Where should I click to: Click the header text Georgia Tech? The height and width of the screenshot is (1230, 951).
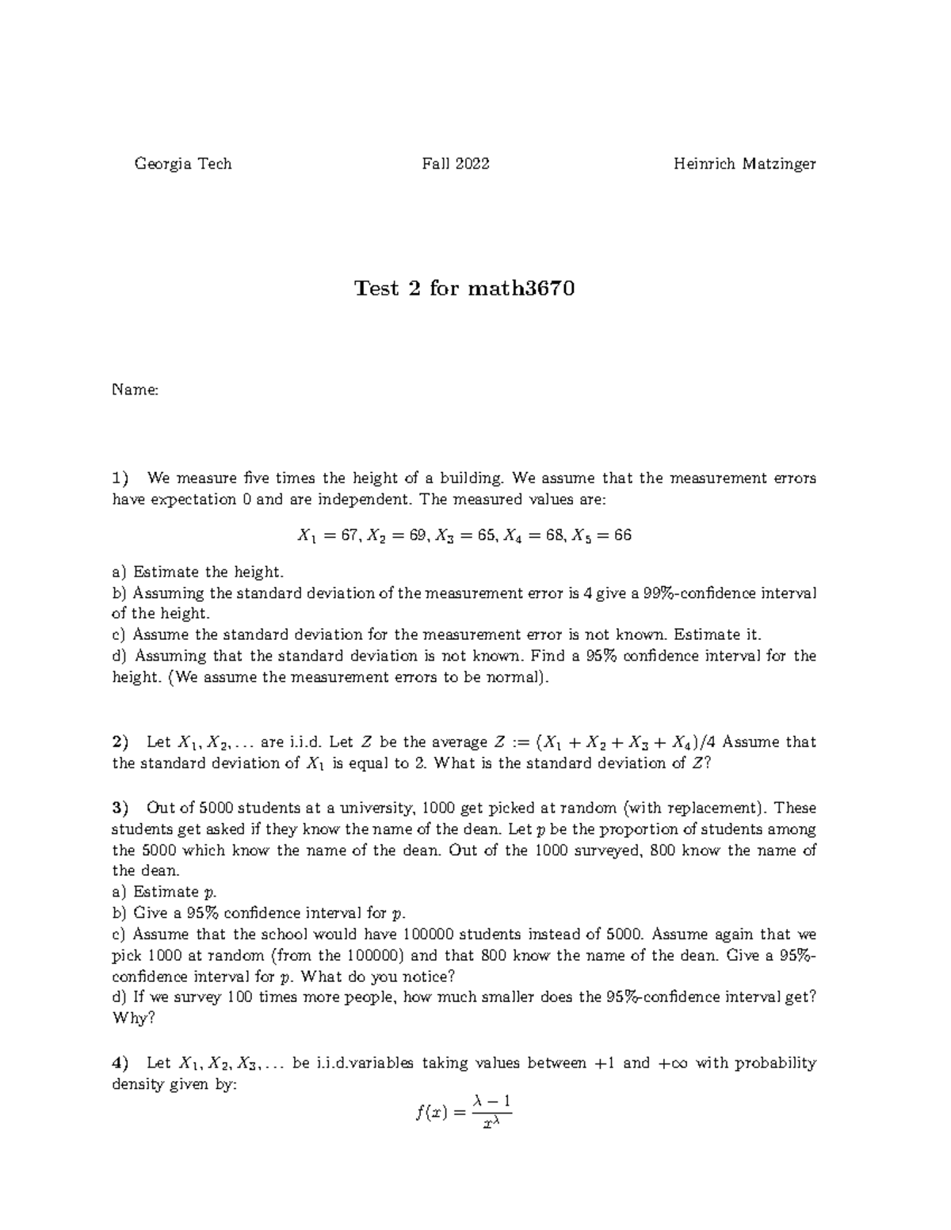[x=183, y=164]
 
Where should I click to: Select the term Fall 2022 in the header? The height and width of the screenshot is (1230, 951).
[x=456, y=164]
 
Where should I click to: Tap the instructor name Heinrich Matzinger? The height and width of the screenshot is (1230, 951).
[x=744, y=164]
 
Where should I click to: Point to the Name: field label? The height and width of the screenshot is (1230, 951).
[x=136, y=390]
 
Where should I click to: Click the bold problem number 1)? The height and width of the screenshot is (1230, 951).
[x=120, y=478]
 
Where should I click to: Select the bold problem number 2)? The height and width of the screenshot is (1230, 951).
[x=120, y=742]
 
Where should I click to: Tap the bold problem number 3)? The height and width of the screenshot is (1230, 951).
[x=120, y=808]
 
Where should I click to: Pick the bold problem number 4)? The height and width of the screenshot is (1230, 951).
[x=120, y=1063]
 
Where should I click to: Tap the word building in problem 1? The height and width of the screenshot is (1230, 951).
[x=472, y=478]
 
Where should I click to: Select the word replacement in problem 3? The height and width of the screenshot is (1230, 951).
[x=711, y=808]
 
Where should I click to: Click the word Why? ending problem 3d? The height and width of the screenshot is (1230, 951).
[x=134, y=1019]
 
